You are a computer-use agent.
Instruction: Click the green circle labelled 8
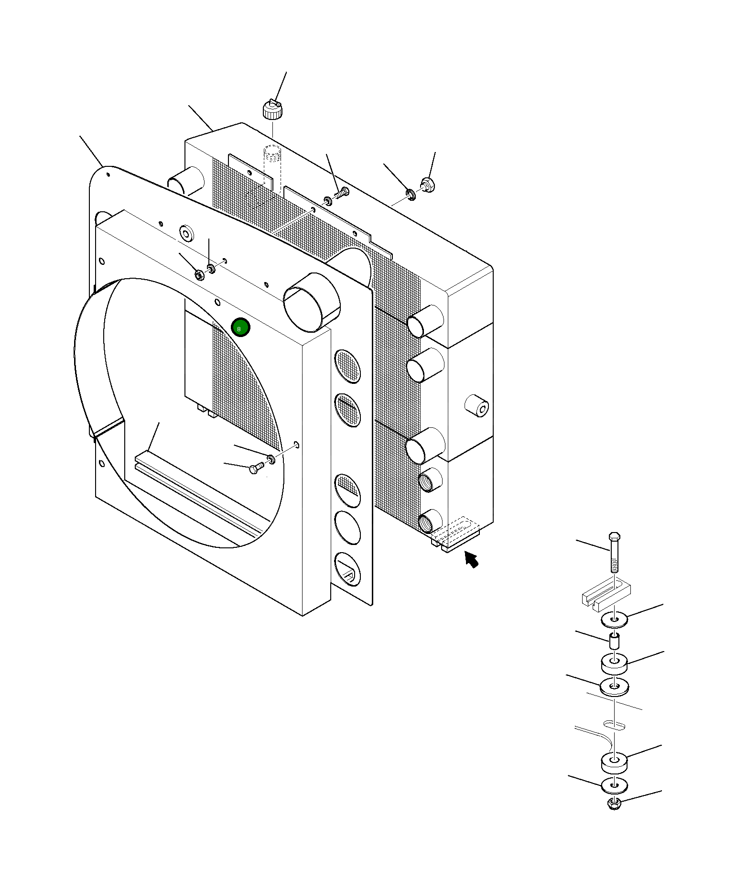point(240,327)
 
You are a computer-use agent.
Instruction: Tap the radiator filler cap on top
point(272,110)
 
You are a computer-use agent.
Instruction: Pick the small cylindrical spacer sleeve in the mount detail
point(615,640)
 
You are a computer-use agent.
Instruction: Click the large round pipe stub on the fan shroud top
point(312,302)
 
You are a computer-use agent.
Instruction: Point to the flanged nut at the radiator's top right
point(427,184)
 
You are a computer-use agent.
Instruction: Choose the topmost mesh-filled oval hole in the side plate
point(347,366)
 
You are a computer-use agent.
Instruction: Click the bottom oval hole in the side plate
point(347,569)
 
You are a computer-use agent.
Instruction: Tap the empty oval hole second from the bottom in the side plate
point(347,527)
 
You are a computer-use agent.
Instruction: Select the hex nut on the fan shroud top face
point(199,274)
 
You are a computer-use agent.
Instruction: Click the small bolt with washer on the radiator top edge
point(342,193)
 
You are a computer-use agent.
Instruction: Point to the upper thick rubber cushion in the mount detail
point(614,663)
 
